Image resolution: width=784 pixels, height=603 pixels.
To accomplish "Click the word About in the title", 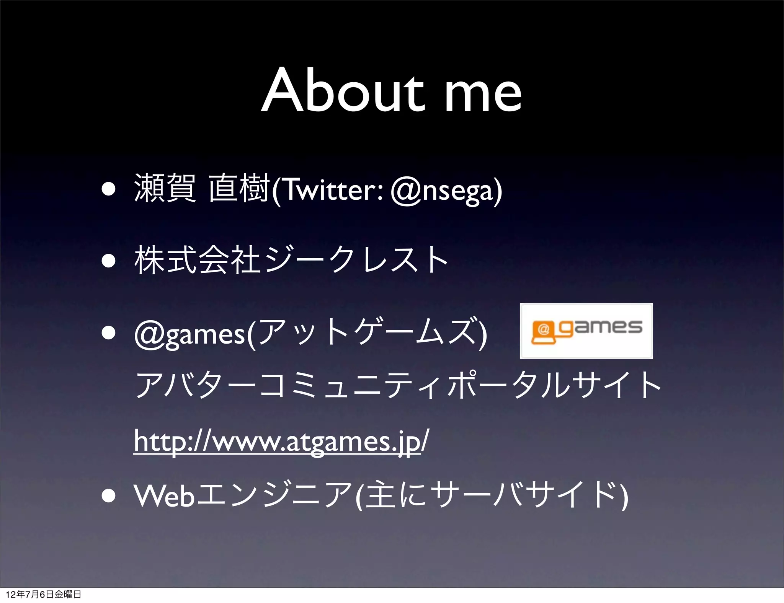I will click(343, 91).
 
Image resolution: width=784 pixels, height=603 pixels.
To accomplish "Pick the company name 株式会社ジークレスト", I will click(291, 260).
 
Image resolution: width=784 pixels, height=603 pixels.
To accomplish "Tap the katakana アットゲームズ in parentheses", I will click(367, 332).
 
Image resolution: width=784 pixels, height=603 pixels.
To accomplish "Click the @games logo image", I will click(586, 331).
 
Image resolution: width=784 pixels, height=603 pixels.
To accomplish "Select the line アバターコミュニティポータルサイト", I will click(398, 385).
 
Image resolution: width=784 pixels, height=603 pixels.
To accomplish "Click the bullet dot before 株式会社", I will click(109, 261).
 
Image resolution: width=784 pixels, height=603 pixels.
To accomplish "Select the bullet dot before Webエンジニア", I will click(109, 496).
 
